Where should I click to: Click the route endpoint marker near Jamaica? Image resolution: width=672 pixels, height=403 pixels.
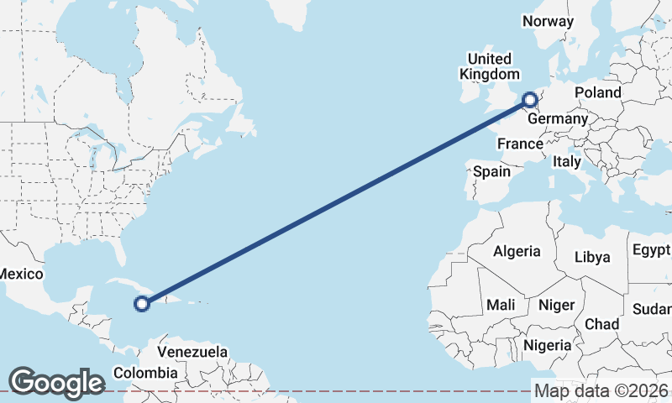[142, 303]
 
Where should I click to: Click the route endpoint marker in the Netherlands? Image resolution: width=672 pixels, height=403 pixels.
[530, 101]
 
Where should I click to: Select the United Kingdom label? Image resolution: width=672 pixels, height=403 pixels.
[488, 66]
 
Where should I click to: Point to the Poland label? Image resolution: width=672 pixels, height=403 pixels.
[597, 92]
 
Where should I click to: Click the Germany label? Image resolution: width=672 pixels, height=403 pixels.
[557, 119]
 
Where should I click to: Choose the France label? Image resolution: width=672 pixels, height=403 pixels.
[520, 144]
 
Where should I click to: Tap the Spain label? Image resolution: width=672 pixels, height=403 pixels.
[491, 171]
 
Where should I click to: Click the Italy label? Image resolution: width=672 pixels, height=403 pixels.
[566, 161]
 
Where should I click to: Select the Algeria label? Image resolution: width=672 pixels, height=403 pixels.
[517, 251]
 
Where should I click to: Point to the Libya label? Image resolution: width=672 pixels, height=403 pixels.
[592, 257]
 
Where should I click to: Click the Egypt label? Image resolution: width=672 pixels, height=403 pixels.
[651, 250]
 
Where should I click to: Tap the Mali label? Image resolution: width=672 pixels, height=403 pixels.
[501, 304]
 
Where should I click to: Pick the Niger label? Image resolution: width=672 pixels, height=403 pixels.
[554, 304]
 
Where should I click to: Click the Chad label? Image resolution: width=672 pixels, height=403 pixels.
[601, 324]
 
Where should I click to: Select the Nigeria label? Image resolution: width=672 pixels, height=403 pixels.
[547, 345]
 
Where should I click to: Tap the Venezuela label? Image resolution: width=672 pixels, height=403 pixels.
[192, 351]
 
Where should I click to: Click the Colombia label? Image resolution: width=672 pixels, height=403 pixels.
[145, 372]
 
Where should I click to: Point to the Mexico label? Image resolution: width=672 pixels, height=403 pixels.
[20, 274]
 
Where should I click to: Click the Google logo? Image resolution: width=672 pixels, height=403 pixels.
[56, 383]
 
